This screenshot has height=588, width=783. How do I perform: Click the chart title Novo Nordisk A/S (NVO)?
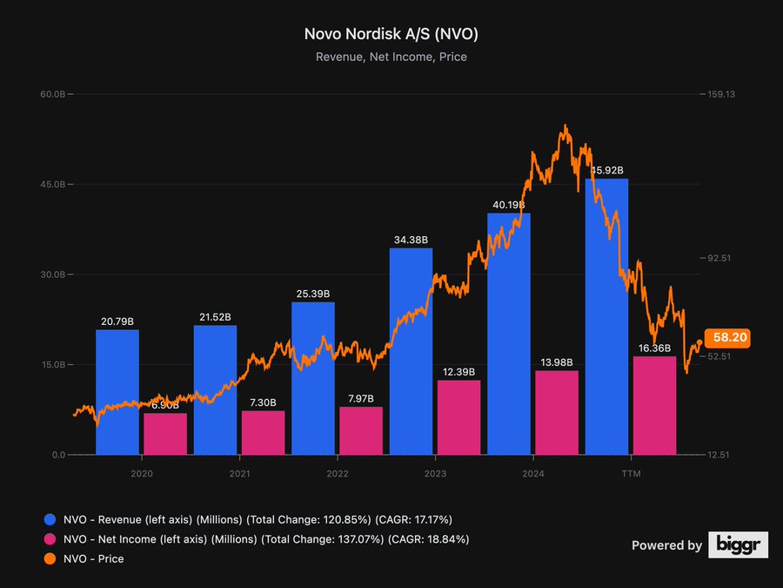(x=391, y=34)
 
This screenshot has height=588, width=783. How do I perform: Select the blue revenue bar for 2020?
(x=117, y=392)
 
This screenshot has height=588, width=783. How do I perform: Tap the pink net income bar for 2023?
(x=458, y=417)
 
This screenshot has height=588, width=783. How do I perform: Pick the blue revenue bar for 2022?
(x=313, y=378)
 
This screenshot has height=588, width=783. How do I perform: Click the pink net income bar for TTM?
(x=654, y=405)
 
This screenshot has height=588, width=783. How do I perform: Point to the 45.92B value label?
(x=607, y=171)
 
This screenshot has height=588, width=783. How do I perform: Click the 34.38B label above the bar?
(x=411, y=240)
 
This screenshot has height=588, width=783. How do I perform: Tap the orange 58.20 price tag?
(x=731, y=337)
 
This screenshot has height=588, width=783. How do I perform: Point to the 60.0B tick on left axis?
(x=54, y=94)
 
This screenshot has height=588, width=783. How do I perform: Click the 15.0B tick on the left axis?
(x=54, y=365)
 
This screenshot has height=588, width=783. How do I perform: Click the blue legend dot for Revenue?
(x=49, y=520)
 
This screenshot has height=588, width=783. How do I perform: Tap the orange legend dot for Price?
(x=49, y=558)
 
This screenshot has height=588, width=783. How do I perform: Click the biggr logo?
(x=738, y=545)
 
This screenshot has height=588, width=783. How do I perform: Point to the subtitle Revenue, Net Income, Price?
(x=391, y=57)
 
